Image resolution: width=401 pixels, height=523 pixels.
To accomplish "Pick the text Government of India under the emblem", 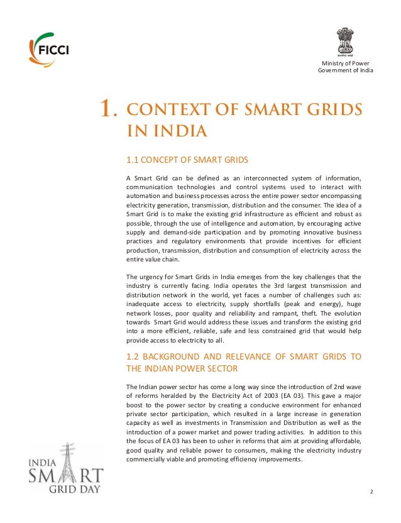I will coord(345,70).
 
